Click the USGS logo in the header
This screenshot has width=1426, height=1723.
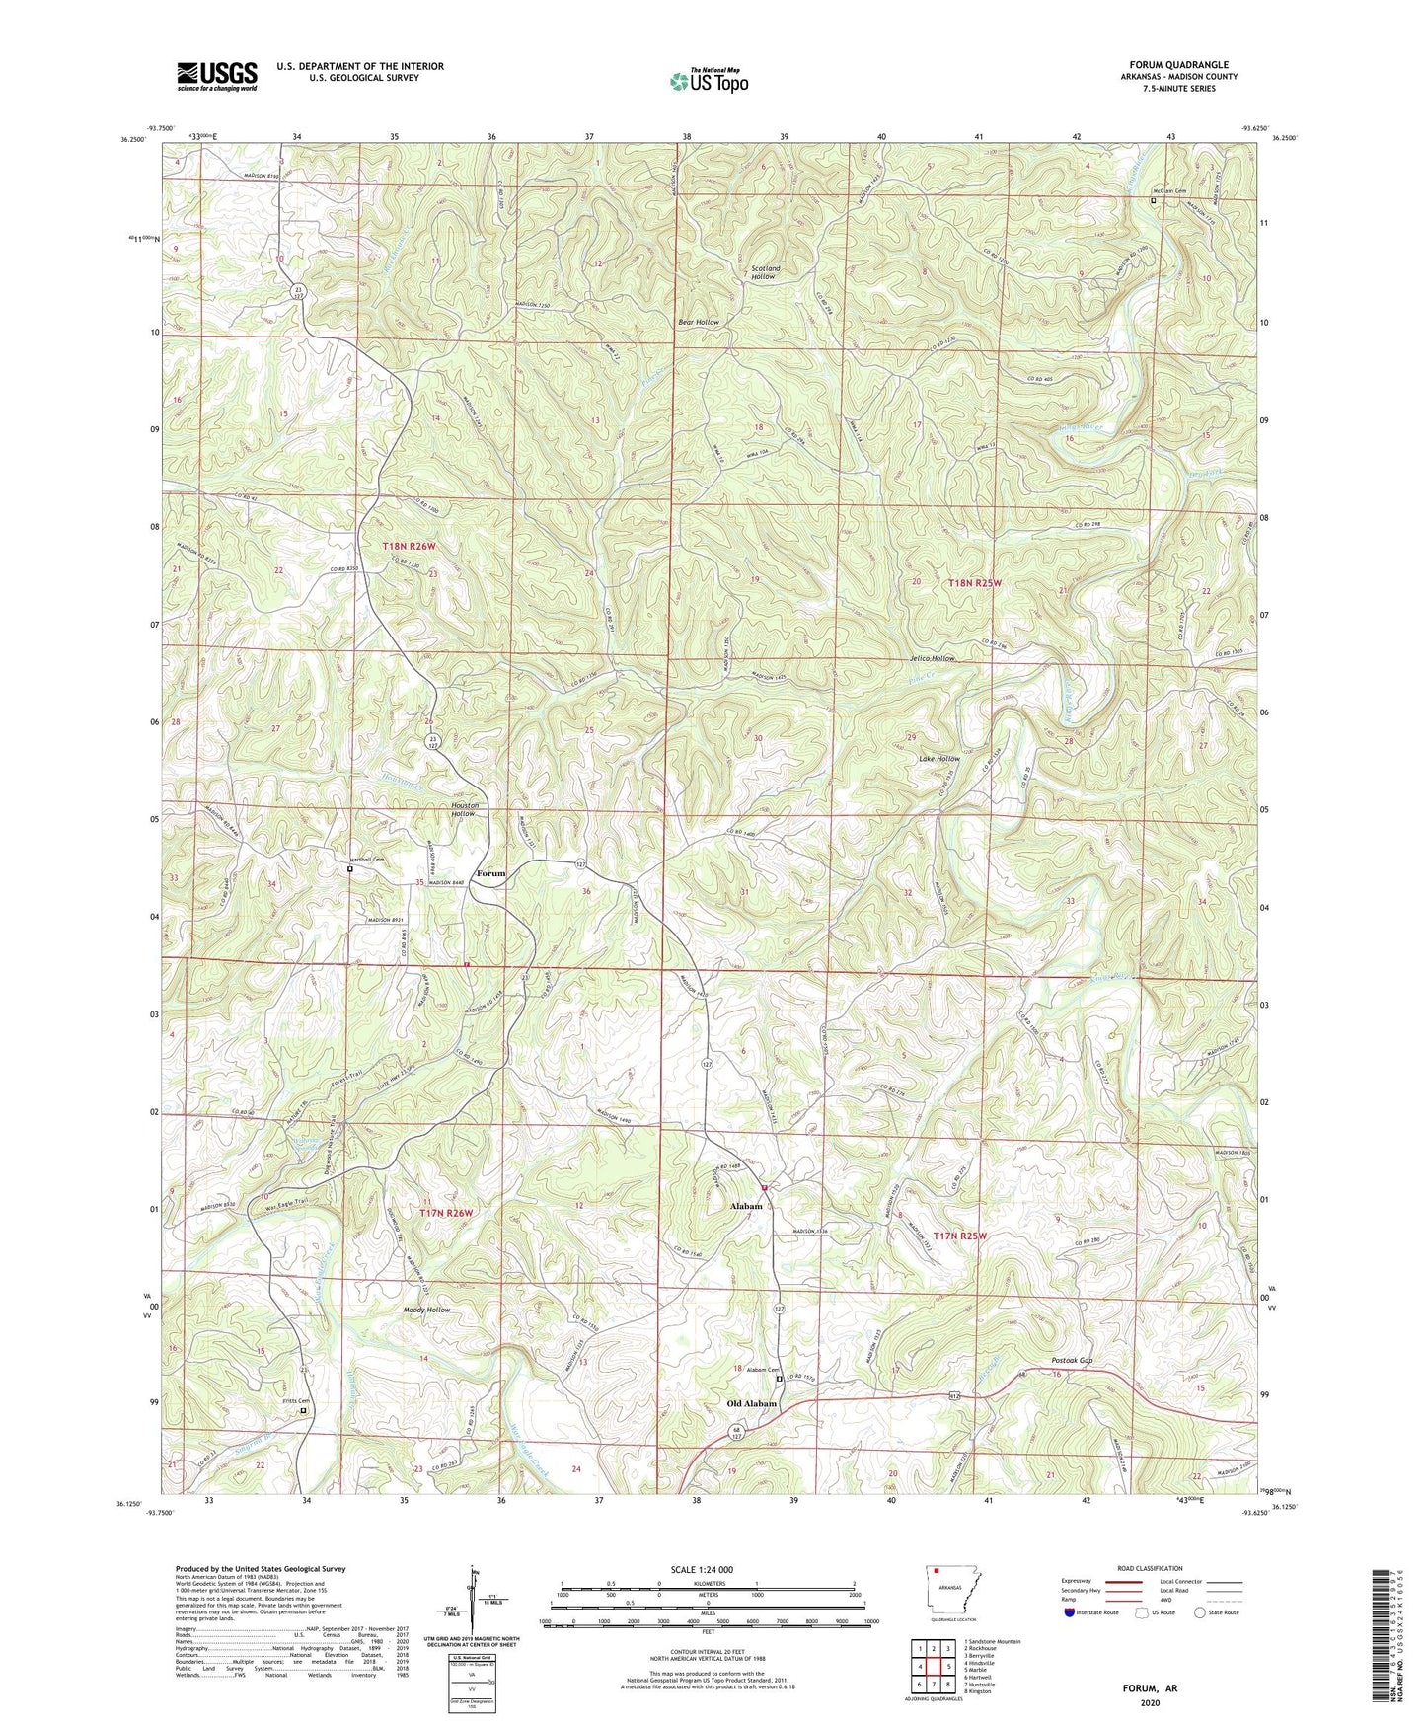[217, 76]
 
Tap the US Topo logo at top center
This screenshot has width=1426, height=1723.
[708, 81]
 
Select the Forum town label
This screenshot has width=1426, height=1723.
[490, 873]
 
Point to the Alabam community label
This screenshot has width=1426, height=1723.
[746, 1206]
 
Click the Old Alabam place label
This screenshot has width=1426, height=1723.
[752, 1403]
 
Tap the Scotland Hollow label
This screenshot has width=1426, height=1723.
[765, 272]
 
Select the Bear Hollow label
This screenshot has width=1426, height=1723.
[699, 322]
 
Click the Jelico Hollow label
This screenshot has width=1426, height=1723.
[933, 658]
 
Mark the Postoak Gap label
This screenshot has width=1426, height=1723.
[1072, 1361]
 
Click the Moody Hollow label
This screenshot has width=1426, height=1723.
[426, 1310]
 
